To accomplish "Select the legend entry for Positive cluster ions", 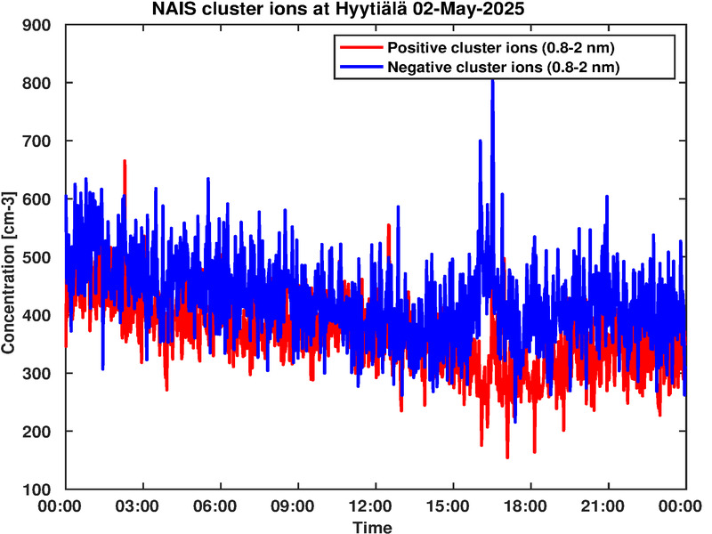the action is (501, 47).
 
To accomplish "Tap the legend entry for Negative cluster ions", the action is (504, 68).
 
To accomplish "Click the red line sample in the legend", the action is (361, 47).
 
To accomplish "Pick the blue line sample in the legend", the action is (361, 68).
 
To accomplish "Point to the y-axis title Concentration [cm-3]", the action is (8, 272).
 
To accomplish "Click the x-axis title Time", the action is (372, 527).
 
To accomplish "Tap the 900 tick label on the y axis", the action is (36, 25).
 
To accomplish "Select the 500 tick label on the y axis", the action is (36, 257).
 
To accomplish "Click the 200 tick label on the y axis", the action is (36, 432).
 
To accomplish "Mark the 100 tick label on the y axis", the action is (36, 489).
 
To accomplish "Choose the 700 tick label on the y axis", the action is (36, 141).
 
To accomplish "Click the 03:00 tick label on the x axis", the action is (137, 506).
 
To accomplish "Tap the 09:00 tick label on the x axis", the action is (293, 506).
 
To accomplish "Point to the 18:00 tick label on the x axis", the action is (525, 506).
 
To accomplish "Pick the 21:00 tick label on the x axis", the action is (603, 506).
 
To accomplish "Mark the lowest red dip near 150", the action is (507, 457).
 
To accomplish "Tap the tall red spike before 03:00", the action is (125, 162).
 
